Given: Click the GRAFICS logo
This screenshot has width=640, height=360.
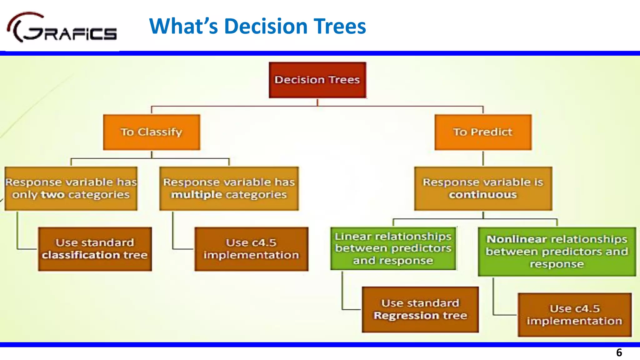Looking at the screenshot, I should click(x=62, y=28).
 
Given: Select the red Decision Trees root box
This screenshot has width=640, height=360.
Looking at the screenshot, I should click(x=317, y=80).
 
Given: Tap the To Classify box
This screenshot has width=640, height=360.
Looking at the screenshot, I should click(x=152, y=132).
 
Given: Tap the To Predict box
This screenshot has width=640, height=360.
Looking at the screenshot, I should click(x=483, y=132).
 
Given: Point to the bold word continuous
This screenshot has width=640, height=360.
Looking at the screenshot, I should click(x=483, y=195).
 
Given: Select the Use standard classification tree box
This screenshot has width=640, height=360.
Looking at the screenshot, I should click(x=95, y=249).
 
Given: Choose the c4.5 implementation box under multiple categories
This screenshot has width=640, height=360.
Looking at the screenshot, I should click(x=251, y=249).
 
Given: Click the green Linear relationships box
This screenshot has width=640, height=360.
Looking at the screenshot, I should click(x=393, y=248).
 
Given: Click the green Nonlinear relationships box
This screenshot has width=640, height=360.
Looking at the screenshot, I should click(x=557, y=252).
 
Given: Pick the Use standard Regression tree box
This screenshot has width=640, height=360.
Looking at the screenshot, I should click(x=420, y=309).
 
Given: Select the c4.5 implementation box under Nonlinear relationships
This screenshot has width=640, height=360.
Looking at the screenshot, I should click(x=574, y=315).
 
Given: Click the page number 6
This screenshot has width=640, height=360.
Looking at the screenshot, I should click(x=619, y=352).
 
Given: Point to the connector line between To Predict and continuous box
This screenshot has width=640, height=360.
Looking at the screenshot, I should click(x=483, y=158).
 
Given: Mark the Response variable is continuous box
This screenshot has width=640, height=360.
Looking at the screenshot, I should click(x=483, y=188).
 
